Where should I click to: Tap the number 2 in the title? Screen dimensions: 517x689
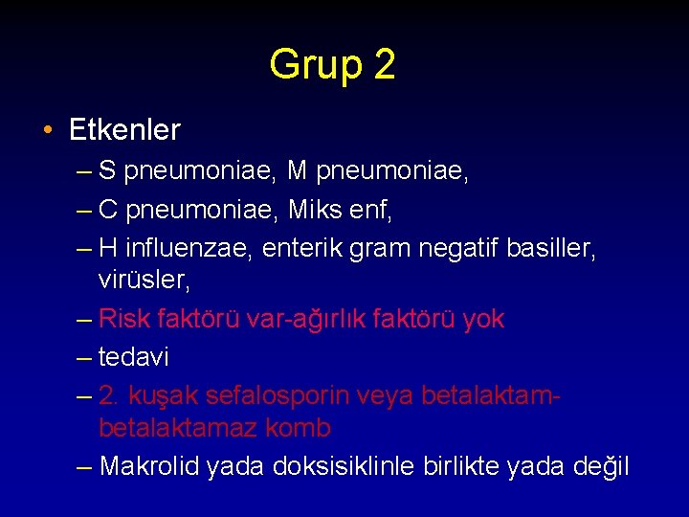384,65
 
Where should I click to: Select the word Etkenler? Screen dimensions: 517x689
124,128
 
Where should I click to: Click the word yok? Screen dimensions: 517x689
482,319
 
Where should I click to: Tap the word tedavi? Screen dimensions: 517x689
133,357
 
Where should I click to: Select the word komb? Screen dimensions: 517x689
299,427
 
